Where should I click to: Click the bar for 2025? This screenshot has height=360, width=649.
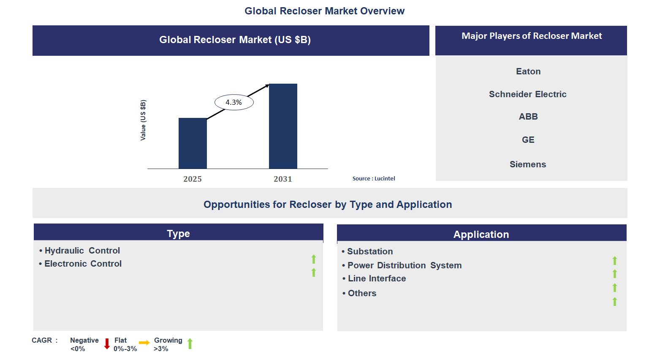pos(193,143)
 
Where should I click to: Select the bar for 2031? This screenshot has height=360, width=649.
pos(283,126)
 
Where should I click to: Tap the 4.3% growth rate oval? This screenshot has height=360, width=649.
pos(234,102)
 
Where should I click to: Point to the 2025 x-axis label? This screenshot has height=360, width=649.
pos(193,179)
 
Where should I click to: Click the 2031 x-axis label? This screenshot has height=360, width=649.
pos(283,179)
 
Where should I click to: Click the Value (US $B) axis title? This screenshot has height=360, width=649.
pos(143,120)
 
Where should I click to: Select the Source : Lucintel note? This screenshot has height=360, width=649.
pos(374,179)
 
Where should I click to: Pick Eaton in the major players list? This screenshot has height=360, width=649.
pos(528,71)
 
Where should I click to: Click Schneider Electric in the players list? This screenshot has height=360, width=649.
pos(527,94)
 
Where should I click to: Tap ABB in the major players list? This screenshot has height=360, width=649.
pos(528,117)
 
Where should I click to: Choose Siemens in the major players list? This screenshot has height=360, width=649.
pos(528,164)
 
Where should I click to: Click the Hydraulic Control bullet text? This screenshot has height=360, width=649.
pos(82,251)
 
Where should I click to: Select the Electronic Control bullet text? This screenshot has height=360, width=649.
pos(83,264)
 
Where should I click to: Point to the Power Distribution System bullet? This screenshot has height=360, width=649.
pos(404,265)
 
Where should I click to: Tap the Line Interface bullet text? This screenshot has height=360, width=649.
pos(377,278)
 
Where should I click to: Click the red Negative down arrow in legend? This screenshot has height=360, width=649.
pos(107,344)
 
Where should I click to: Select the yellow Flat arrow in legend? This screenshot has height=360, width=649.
pos(144,343)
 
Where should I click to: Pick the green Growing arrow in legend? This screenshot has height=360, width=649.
pos(190,344)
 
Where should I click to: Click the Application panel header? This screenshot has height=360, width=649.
pos(481,235)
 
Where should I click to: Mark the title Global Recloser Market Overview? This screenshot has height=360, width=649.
pos(324,11)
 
